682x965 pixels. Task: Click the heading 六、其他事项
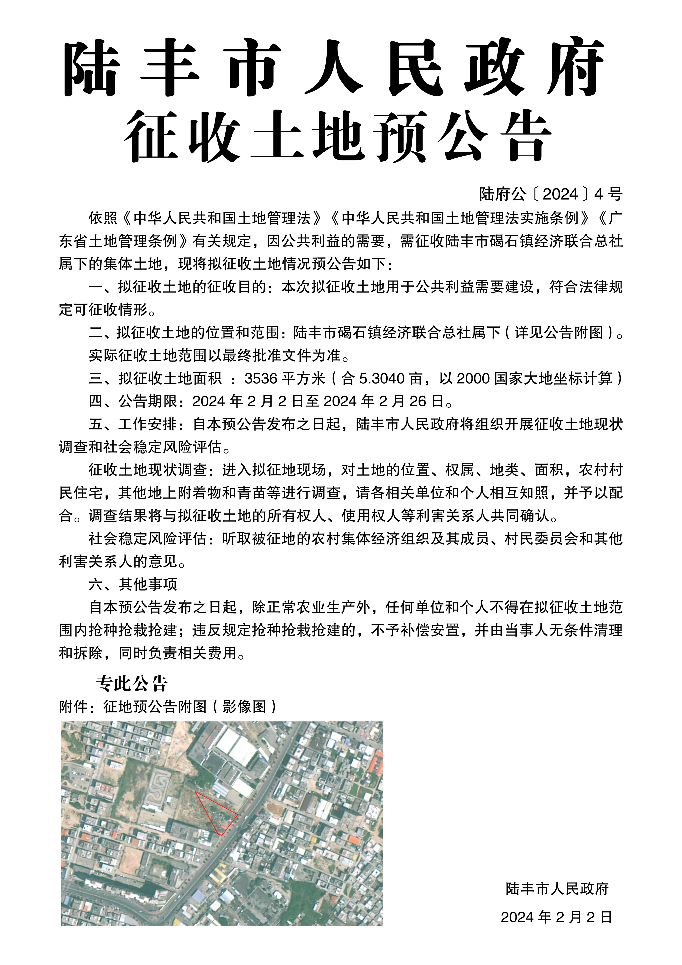[133, 584]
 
